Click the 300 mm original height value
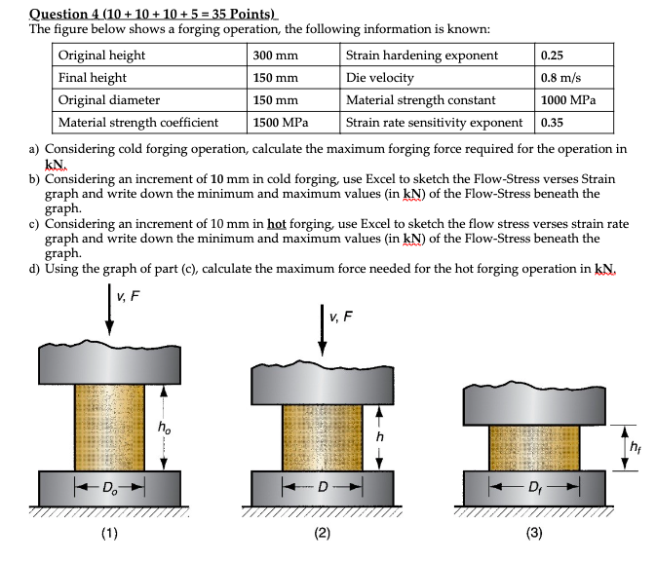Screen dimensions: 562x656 coord(276,56)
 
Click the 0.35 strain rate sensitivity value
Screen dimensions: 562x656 coord(552,123)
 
